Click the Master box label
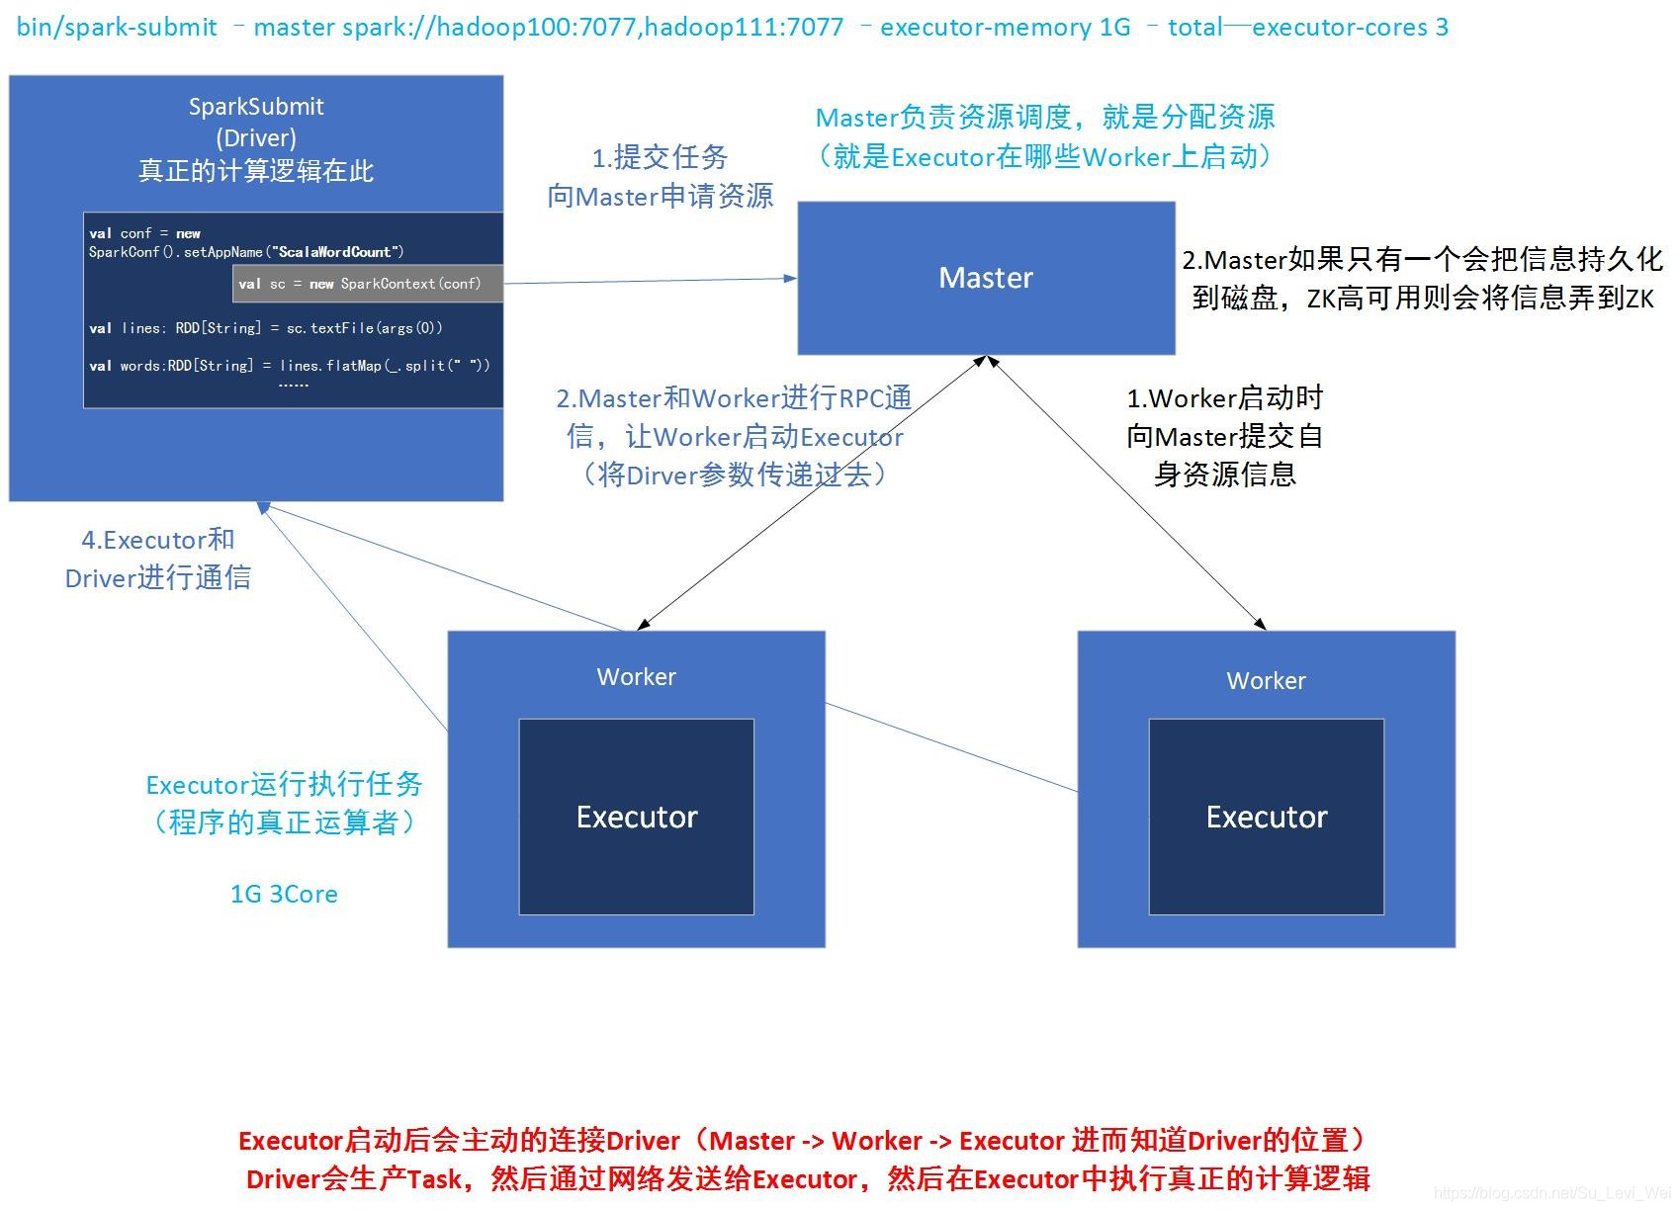[x=985, y=278]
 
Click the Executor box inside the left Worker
[x=636, y=817]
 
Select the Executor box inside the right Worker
[x=1266, y=817]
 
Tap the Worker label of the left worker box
[x=636, y=677]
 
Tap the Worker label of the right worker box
[x=1266, y=681]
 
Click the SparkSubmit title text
[x=256, y=106]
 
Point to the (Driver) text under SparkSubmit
[x=256, y=137]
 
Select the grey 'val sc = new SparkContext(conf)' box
[x=367, y=284]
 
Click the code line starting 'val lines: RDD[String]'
[x=265, y=328]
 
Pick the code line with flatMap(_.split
[x=289, y=366]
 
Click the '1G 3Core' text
[x=284, y=895]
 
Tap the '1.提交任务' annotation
[x=660, y=157]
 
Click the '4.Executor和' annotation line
[x=157, y=540]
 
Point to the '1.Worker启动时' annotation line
[x=1224, y=398]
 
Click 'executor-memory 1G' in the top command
[x=1005, y=27]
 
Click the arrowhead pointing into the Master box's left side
[x=791, y=279]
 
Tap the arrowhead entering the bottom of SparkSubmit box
[x=264, y=508]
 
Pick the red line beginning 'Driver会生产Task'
[x=807, y=1179]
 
